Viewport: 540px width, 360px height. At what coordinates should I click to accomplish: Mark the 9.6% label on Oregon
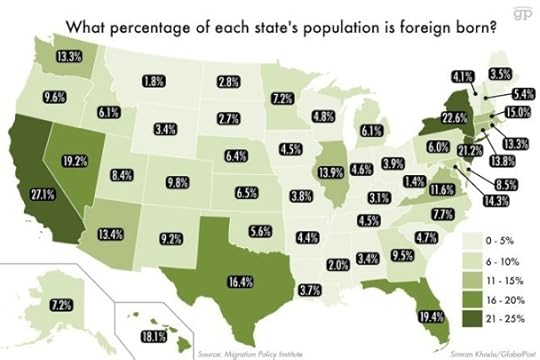[x=54, y=97]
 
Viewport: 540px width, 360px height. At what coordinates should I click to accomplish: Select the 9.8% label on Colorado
[x=178, y=183]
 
